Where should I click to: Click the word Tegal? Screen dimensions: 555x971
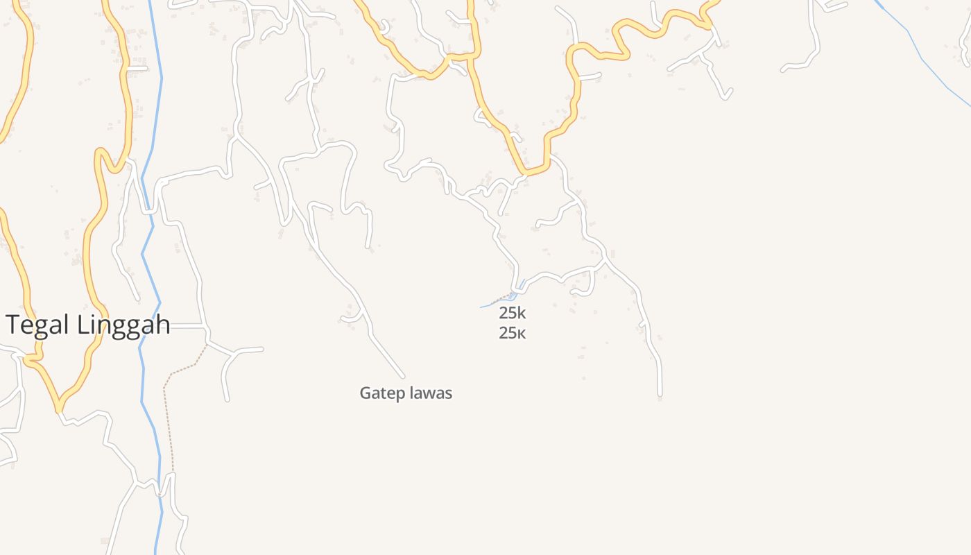pyautogui.click(x=37, y=325)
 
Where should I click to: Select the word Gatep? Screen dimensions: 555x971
pyautogui.click(x=381, y=393)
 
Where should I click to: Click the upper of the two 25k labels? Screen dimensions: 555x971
pyautogui.click(x=513, y=313)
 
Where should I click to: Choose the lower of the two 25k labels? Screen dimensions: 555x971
pyautogui.click(x=513, y=333)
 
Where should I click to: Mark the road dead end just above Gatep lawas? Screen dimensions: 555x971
pyautogui.click(x=403, y=377)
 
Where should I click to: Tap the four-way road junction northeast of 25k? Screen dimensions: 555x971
pyautogui.click(x=605, y=262)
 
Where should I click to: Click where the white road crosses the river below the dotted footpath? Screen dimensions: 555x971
pyautogui.click(x=160, y=493)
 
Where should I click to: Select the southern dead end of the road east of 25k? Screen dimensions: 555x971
pyautogui.click(x=660, y=395)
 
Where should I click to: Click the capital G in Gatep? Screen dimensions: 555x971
pyautogui.click(x=365, y=393)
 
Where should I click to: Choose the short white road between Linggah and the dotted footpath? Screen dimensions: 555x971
pyautogui.click(x=187, y=325)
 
